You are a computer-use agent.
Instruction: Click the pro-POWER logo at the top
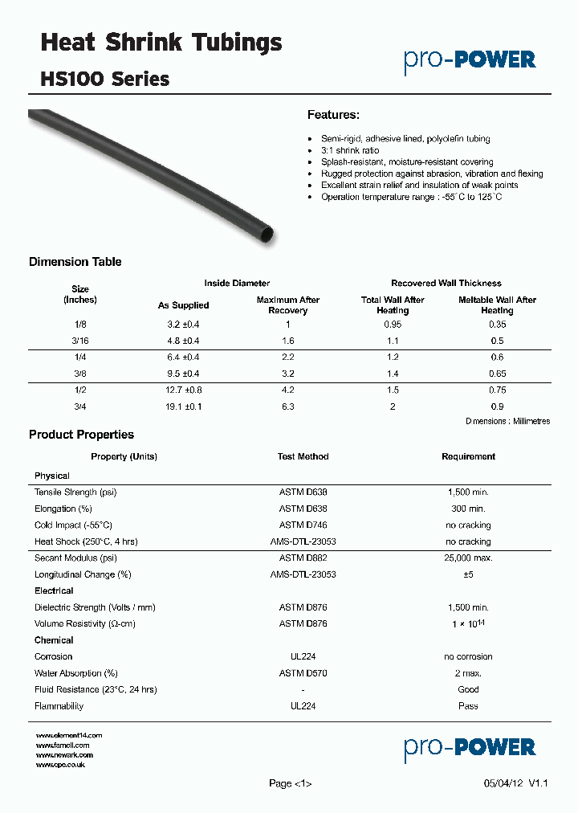click(470, 60)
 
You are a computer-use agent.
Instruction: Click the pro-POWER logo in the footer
click(470, 747)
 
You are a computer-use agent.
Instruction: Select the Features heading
click(333, 115)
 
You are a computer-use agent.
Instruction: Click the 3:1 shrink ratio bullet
click(350, 150)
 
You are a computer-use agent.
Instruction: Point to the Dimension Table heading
click(75, 262)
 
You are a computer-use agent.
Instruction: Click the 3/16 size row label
click(80, 341)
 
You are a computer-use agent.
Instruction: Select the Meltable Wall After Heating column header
click(497, 305)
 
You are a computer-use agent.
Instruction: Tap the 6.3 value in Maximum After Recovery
click(288, 406)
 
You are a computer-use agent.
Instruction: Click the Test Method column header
click(303, 456)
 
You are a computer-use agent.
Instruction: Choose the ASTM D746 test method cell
click(303, 525)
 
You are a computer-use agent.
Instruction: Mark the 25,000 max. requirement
click(468, 558)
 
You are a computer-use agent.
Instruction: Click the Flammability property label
click(59, 706)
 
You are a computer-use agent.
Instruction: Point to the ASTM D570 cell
click(303, 673)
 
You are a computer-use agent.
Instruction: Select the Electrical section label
click(54, 590)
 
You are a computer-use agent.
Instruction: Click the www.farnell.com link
click(63, 746)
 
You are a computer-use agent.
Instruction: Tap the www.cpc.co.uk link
click(61, 765)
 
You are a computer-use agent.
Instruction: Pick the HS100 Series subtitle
click(104, 79)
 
